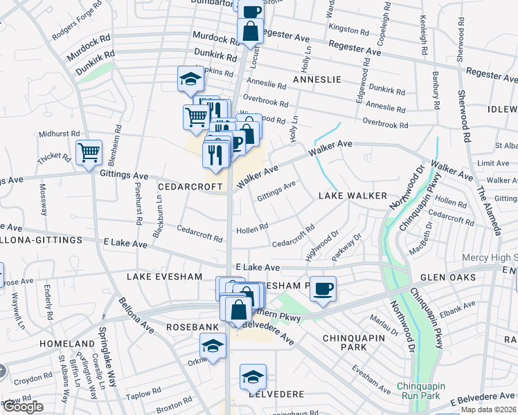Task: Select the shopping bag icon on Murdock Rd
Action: point(249,30)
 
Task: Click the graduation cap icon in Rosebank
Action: point(213,345)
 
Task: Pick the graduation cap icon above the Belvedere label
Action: point(253,376)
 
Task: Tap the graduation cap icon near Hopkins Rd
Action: point(190,79)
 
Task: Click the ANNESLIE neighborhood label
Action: point(317,80)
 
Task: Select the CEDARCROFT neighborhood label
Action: point(190,187)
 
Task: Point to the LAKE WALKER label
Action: point(352,196)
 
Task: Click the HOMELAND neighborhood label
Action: point(67,344)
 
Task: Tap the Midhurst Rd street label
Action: point(60,133)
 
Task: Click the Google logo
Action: point(23,407)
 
